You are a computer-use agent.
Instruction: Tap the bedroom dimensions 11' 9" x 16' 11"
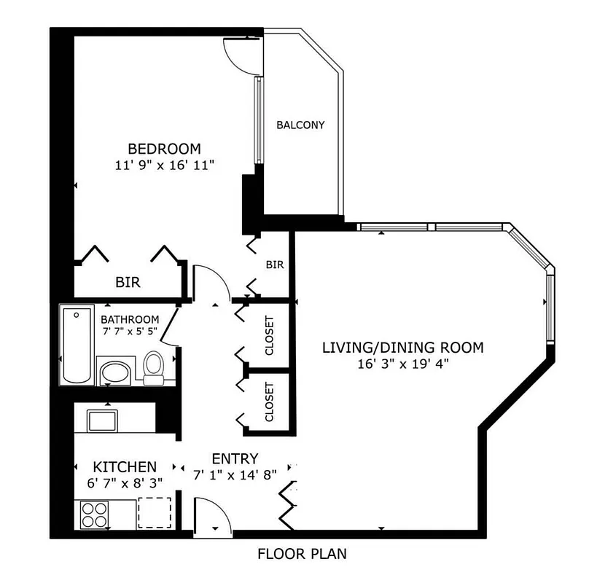164,165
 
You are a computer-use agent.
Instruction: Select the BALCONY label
300,125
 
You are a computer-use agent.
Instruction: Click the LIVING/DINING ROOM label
402,347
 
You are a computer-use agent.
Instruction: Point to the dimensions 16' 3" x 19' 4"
402,364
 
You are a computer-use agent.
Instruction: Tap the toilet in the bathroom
154,367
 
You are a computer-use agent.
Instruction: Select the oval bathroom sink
114,373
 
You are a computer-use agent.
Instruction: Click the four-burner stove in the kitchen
94,514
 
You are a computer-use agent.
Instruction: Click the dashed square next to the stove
155,512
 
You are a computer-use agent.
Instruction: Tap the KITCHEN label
124,466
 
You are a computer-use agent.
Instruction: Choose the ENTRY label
235,459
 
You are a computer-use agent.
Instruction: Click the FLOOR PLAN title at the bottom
302,554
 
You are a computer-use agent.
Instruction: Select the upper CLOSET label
269,336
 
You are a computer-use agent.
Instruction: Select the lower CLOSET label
269,402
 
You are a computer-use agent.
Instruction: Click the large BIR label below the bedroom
128,282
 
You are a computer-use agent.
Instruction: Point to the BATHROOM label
130,319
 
